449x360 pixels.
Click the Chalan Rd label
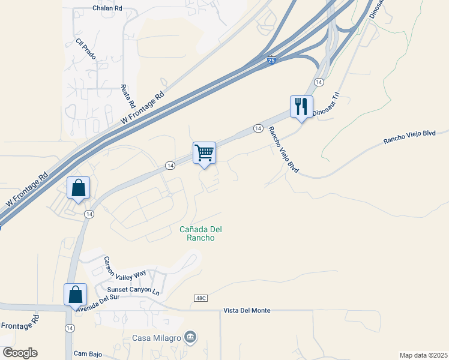coord(107,8)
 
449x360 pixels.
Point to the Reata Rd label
coord(128,94)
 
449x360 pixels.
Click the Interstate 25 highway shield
coord(271,60)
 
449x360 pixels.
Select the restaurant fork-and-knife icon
coord(301,106)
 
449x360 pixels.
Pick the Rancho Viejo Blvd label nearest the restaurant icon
coord(283,148)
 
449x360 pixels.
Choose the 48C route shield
coord(200,298)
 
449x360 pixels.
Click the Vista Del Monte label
coord(247,310)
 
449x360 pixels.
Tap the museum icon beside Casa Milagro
coord(190,338)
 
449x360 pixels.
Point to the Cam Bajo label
coord(88,354)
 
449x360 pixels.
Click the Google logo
coord(20,353)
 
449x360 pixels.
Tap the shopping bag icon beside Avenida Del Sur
coord(76,294)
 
